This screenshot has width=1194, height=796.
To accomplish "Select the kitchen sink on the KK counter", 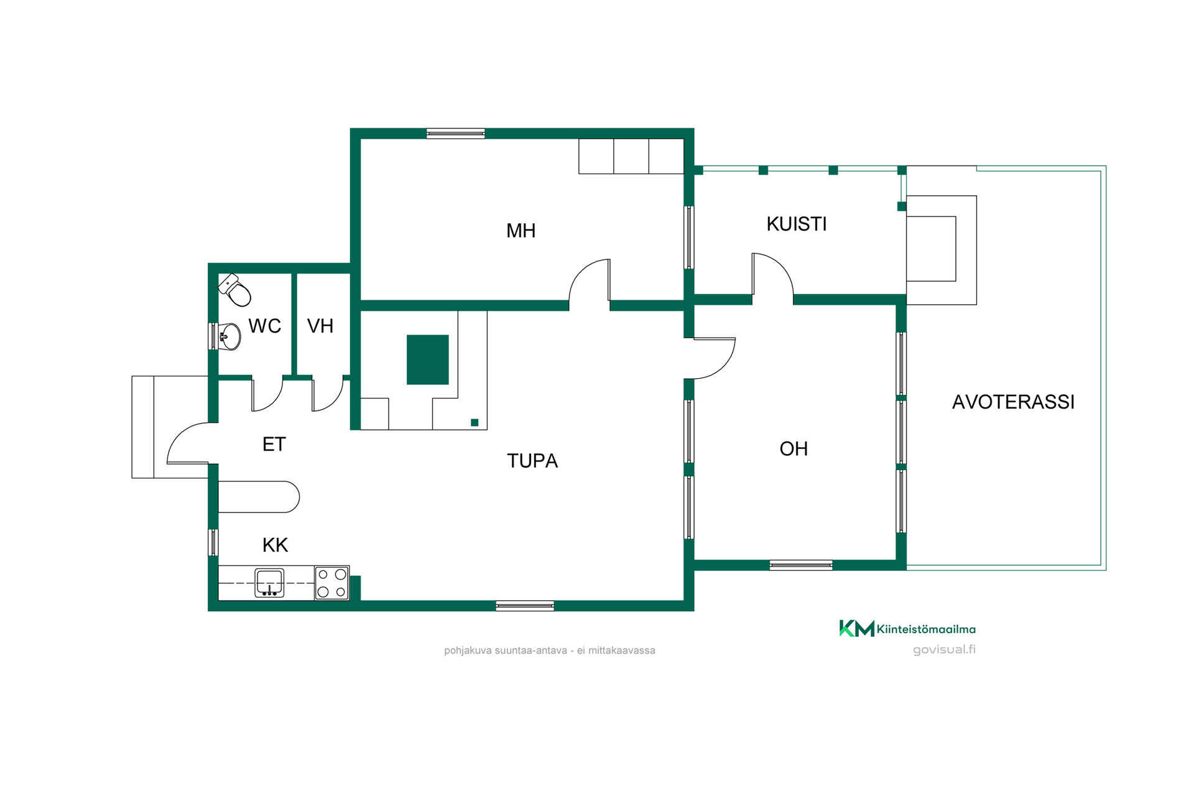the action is pos(269,583).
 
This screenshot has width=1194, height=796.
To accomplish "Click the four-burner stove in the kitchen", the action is pos(332,583).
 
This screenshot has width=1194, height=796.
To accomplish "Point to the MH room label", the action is pos(521,231).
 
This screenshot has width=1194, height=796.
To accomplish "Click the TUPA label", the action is pos(532,461).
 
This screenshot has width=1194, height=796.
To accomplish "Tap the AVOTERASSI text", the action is pos(1013,402).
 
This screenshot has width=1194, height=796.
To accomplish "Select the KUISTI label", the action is pos(797,224).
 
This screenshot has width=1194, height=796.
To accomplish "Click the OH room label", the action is pos(794,448).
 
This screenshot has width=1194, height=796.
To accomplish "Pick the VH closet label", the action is pos(320,326).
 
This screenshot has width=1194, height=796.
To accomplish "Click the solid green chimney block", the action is pos(428,359).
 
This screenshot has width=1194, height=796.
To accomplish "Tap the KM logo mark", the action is pos(856,629).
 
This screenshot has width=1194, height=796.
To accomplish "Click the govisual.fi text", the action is pos(944,650).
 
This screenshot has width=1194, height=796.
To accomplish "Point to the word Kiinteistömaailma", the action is pos(926,629).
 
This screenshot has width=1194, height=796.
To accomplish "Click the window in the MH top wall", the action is pos(456,133).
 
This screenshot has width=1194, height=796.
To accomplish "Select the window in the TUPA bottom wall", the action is pos(525,606).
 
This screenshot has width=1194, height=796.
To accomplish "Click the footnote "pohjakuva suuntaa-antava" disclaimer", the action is pos(550,650).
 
